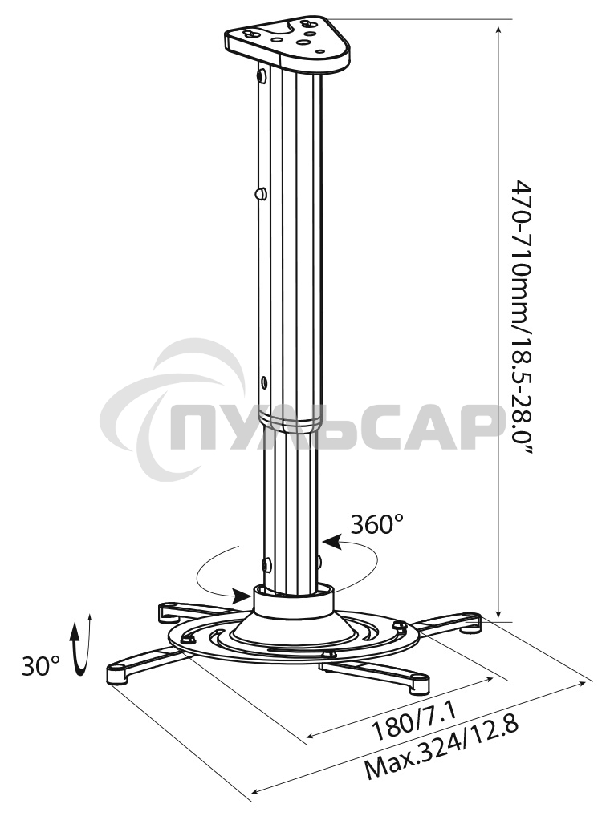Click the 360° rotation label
(x=376, y=525)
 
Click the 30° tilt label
(x=41, y=666)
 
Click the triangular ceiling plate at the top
(x=289, y=40)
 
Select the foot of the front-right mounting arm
(x=418, y=684)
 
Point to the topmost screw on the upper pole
(x=262, y=76)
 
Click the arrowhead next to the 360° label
(x=334, y=544)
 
